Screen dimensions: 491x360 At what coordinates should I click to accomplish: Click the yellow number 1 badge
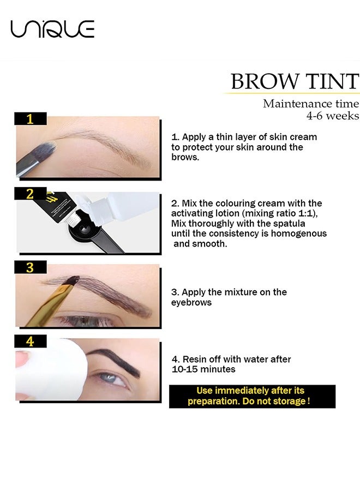pos(31,118)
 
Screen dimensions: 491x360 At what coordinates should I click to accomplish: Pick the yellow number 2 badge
pos(31,194)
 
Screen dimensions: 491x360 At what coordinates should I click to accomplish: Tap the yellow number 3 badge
pos(31,267)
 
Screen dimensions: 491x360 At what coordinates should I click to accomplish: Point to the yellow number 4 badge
pos(31,342)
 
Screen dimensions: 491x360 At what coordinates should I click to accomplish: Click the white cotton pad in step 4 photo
pos(49,371)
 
